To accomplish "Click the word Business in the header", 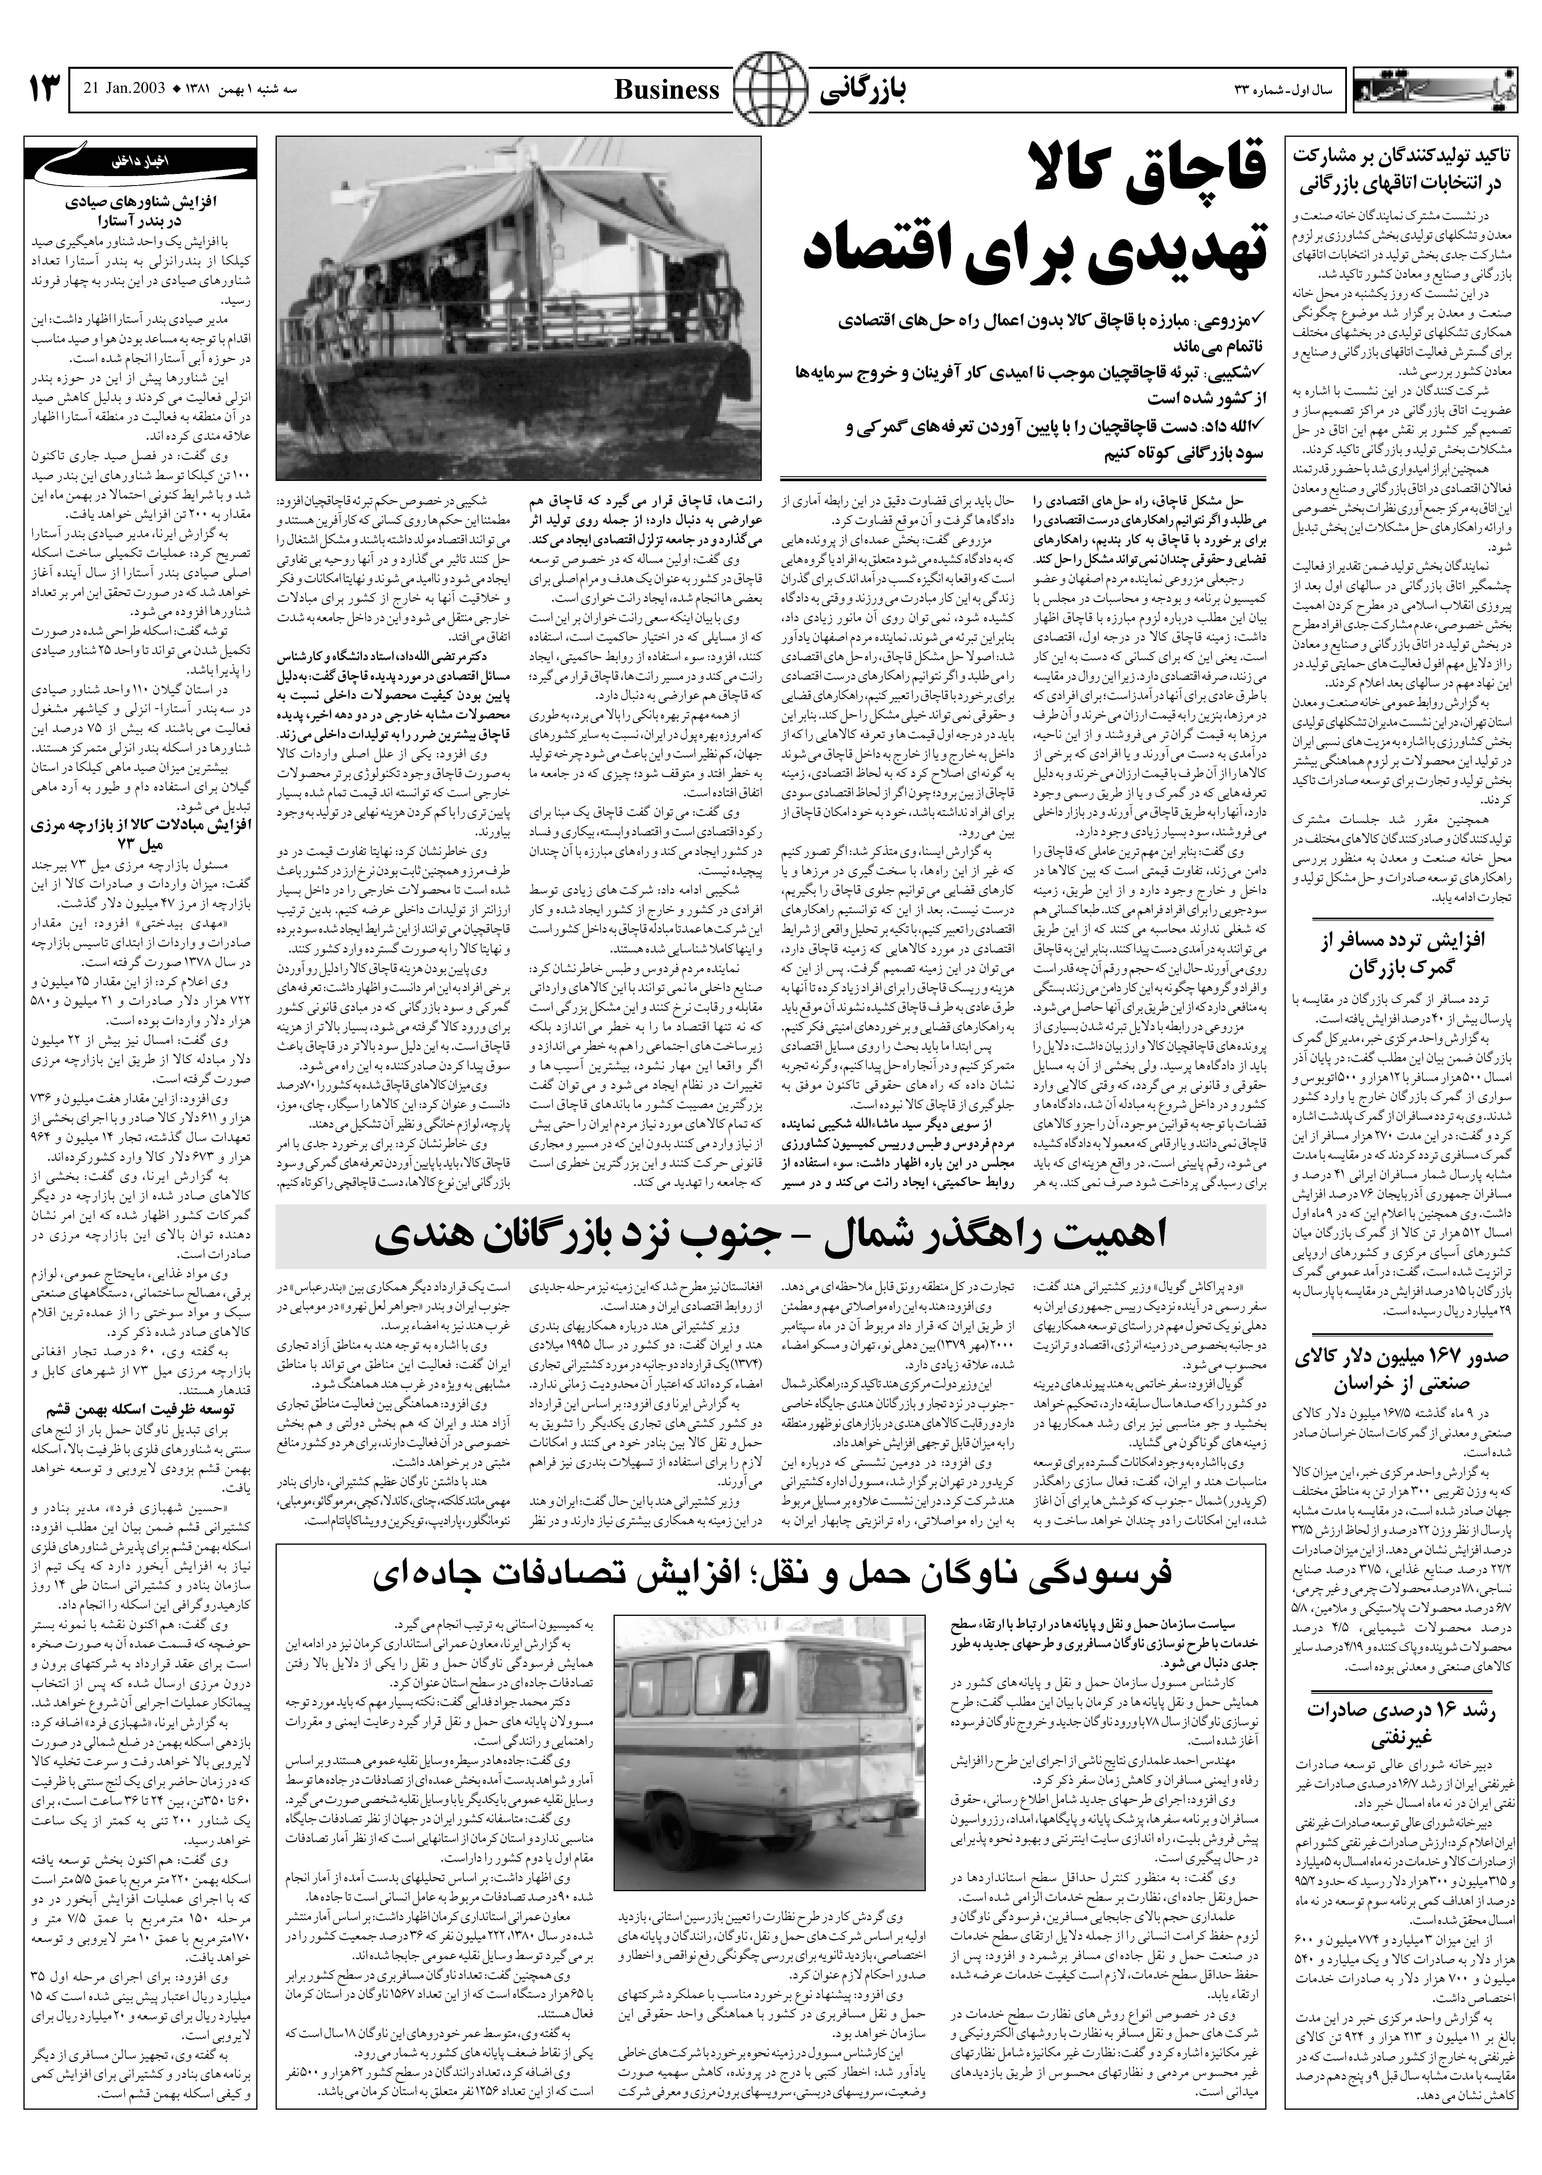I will click(667, 90).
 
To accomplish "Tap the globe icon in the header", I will click(769, 90).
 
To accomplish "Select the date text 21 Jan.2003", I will click(123, 90).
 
